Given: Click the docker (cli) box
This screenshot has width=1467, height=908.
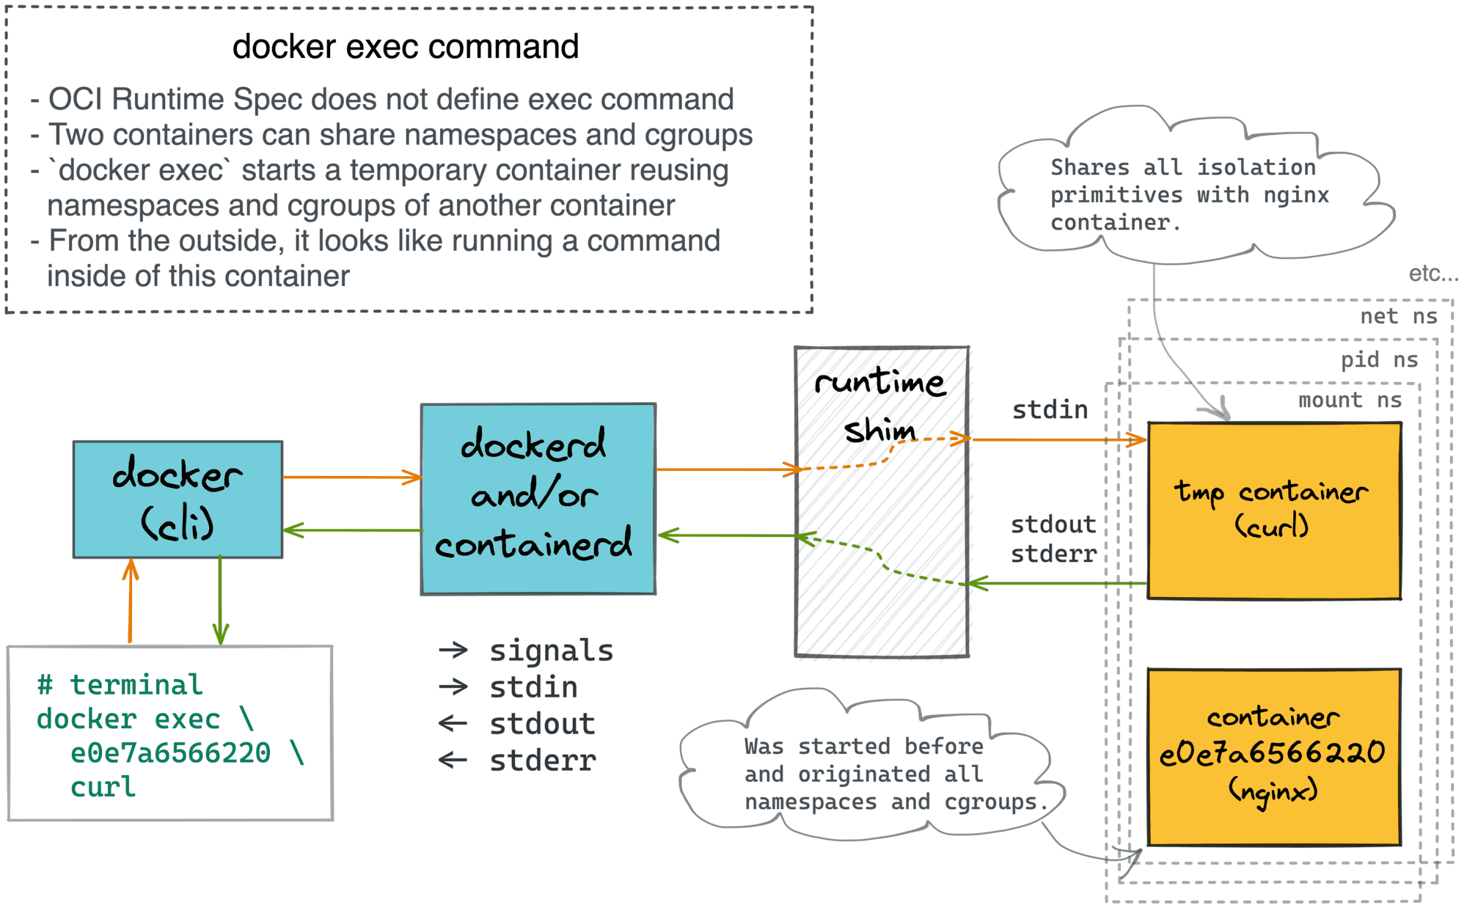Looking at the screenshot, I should click(x=178, y=499).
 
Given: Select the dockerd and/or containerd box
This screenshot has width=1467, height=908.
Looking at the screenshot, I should click(x=538, y=499).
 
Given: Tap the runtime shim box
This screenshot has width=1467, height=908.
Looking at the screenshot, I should click(x=882, y=513).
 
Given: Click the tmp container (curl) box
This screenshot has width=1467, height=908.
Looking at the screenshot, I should click(x=1274, y=510).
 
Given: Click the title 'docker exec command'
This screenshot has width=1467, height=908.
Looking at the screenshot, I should click(x=406, y=47).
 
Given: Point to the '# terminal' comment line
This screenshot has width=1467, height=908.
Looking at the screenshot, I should click(x=120, y=685).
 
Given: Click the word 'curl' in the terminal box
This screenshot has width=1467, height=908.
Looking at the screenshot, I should click(x=103, y=787).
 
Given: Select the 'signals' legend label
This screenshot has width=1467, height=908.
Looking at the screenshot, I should click(x=551, y=651).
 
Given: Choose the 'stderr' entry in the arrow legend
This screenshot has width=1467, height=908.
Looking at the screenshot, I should click(x=543, y=761).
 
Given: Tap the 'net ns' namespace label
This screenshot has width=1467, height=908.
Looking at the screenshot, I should click(x=1398, y=316).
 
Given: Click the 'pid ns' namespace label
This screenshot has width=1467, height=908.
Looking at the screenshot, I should click(x=1379, y=359).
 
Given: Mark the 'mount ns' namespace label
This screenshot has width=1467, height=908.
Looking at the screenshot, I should click(x=1350, y=400).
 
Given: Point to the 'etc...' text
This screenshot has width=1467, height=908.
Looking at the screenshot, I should click(x=1433, y=274).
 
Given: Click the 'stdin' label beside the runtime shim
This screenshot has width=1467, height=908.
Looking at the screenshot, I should click(x=1050, y=409).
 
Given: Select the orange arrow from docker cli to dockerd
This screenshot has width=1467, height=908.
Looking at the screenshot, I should click(x=351, y=477).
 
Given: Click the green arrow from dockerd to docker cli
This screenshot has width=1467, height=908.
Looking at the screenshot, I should click(x=351, y=530).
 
